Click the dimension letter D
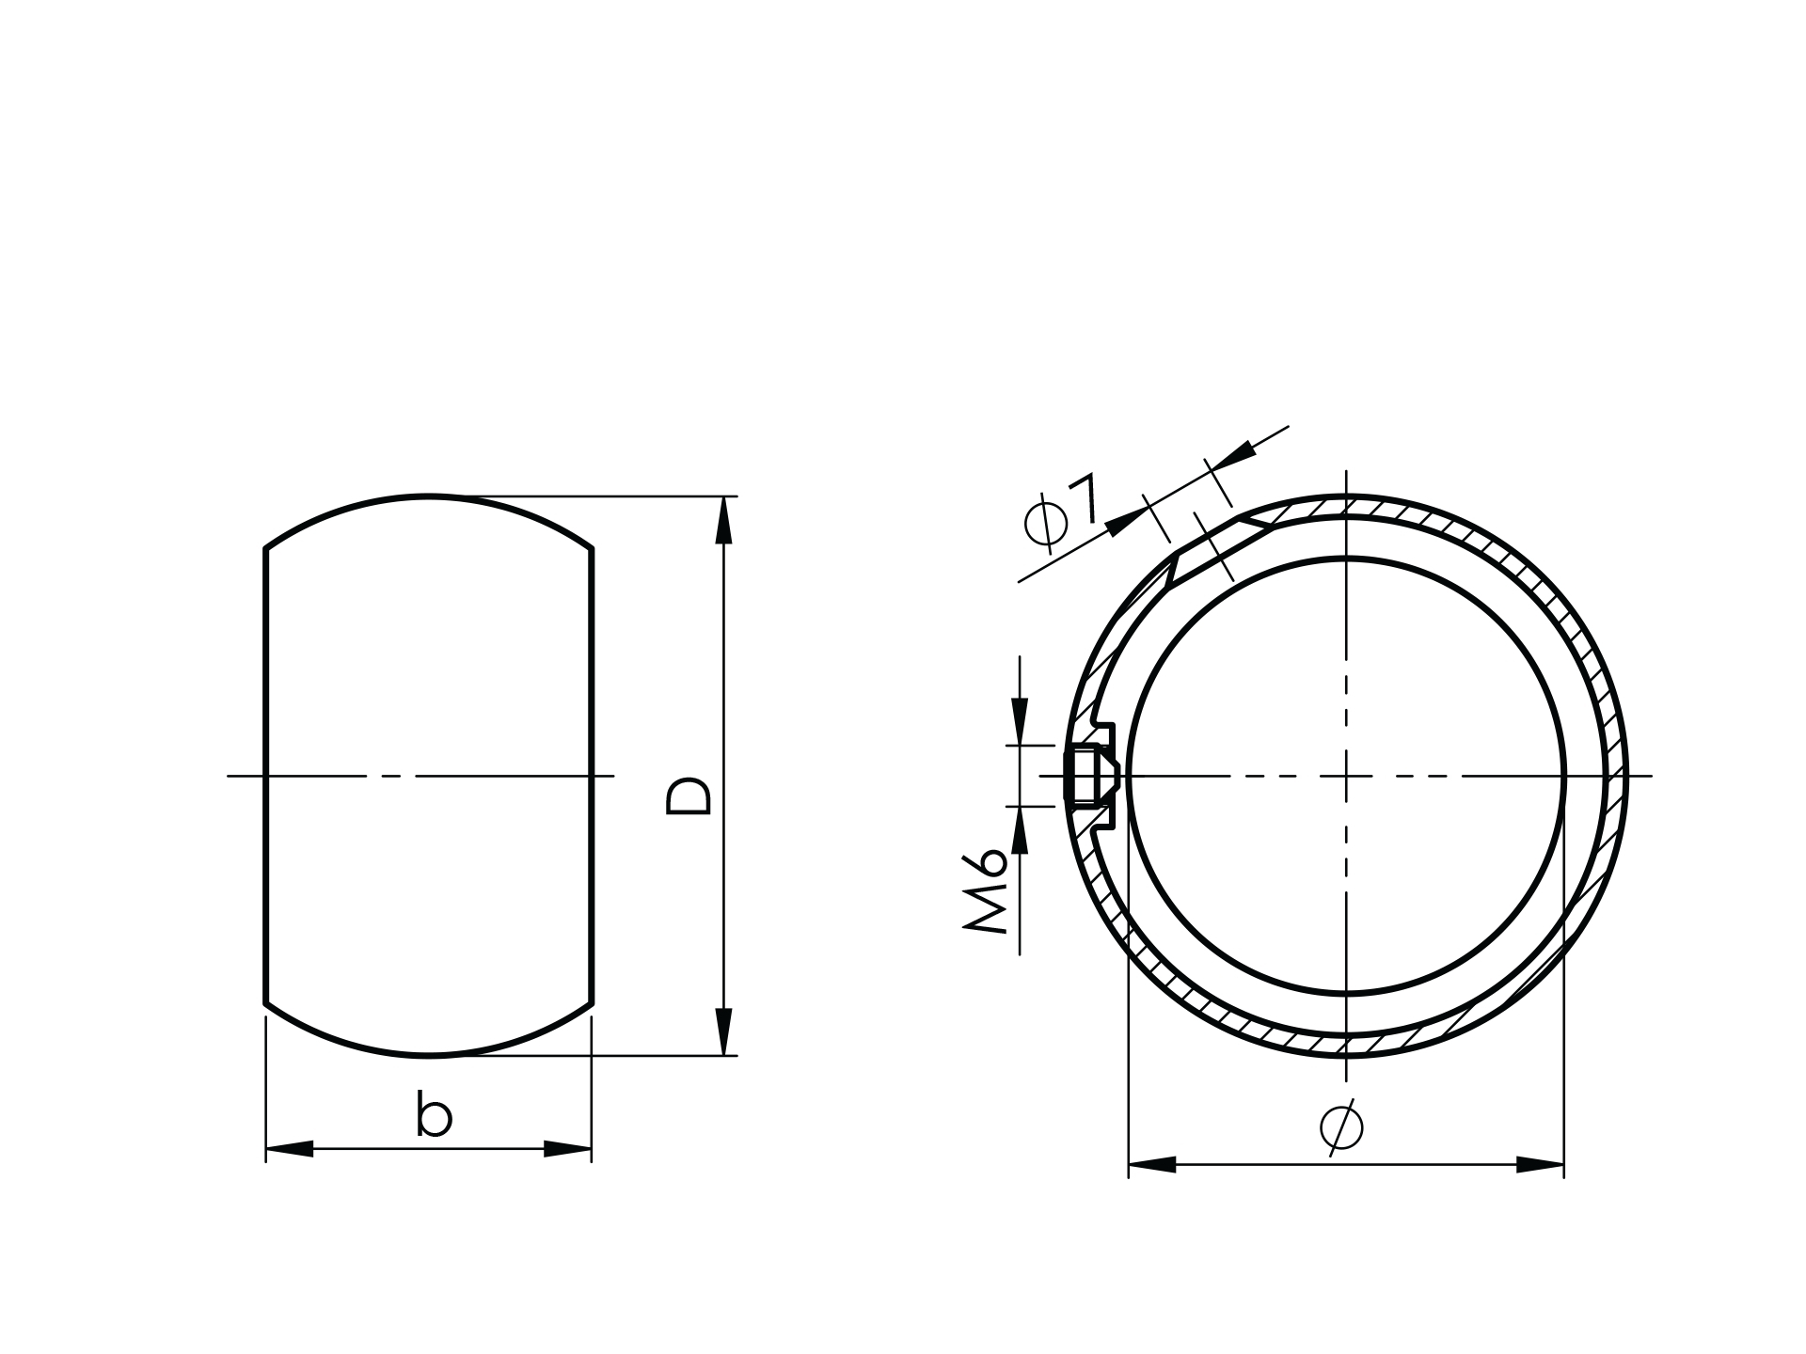click(689, 795)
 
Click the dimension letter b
click(434, 1116)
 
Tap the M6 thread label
click(986, 890)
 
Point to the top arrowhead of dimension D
click(723, 520)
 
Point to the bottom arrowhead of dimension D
click(723, 1031)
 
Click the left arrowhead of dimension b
click(290, 1148)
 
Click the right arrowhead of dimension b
click(568, 1148)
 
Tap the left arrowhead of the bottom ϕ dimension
click(1152, 1165)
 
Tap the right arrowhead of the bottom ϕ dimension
click(1540, 1165)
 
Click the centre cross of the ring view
click(1346, 776)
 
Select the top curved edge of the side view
click(428, 496)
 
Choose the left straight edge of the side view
click(266, 776)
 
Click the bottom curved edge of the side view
click(428, 1055)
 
